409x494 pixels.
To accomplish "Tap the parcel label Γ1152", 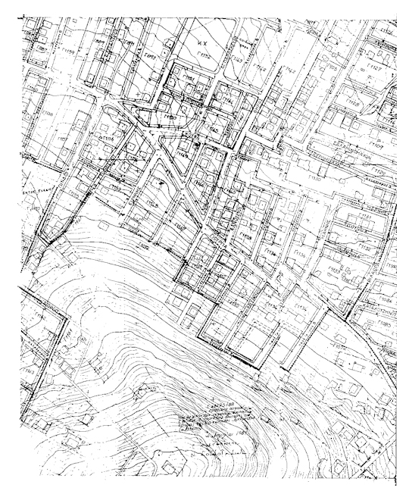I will pyautogui.click(x=203, y=55).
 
